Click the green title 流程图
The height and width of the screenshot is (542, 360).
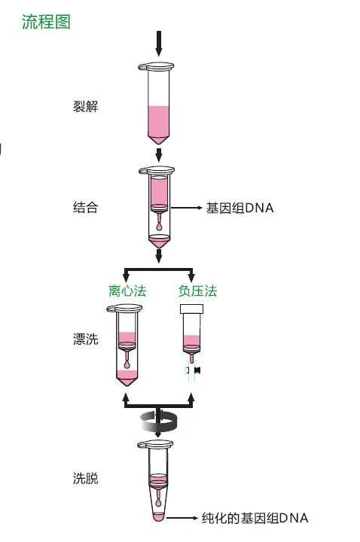click(46, 22)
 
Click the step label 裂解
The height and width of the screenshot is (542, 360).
click(85, 106)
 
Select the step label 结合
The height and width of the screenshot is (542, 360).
click(85, 208)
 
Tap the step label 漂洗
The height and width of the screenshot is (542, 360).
click(85, 339)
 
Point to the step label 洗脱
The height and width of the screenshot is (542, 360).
click(85, 478)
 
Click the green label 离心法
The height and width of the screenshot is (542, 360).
click(127, 291)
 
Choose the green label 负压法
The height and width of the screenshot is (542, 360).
click(197, 291)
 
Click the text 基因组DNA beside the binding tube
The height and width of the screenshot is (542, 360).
click(239, 208)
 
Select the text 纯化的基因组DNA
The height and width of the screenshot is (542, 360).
click(255, 518)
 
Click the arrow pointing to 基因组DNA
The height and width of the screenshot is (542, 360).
click(187, 208)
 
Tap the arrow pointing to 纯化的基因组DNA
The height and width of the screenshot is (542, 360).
click(182, 518)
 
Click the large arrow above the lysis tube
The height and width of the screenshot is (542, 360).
click(159, 43)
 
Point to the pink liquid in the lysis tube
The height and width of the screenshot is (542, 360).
click(159, 125)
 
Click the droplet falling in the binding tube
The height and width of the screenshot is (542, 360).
click(159, 227)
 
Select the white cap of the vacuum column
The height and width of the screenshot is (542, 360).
click(191, 309)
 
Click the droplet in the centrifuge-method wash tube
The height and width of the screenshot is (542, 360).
click(127, 364)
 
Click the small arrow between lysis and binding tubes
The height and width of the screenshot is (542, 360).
click(159, 155)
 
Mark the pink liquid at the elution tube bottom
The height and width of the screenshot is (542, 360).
click(158, 517)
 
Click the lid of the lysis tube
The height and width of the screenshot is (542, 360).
click(156, 66)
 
